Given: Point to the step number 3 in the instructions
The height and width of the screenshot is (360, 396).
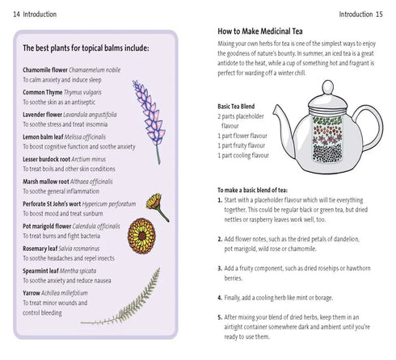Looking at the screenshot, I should click(221, 268).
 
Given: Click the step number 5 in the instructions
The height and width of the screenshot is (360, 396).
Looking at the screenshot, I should click(221, 317).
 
